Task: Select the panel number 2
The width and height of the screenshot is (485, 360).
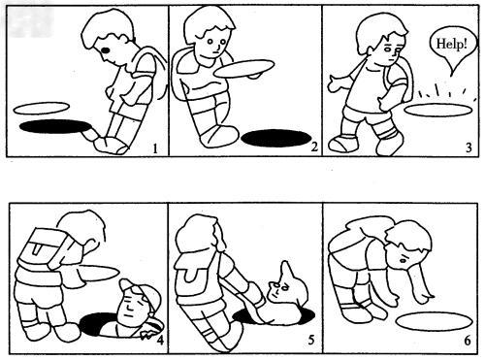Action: [314, 147]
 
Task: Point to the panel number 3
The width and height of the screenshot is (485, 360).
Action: [469, 147]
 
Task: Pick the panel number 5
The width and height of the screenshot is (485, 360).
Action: [310, 340]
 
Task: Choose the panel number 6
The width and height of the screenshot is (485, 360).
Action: [468, 340]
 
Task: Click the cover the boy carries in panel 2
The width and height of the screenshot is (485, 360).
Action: [246, 68]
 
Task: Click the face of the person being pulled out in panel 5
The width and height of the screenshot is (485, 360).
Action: [282, 287]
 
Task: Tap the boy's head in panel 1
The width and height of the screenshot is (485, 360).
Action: [108, 39]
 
